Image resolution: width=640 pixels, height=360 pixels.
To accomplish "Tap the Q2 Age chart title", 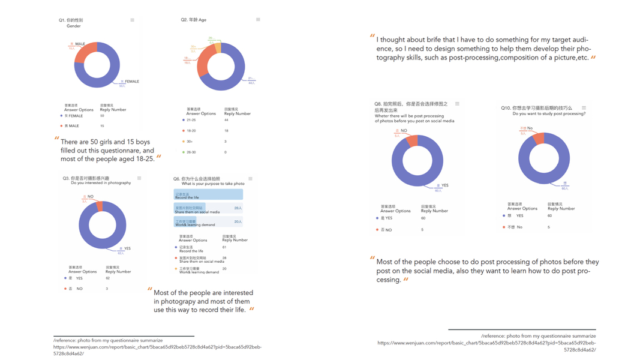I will click(194, 20).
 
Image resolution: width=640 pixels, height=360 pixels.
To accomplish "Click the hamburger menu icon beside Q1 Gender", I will click(133, 20).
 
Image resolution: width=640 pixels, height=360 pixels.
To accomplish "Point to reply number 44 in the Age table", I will click(226, 120).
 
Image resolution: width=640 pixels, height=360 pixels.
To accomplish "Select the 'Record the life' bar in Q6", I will click(208, 194).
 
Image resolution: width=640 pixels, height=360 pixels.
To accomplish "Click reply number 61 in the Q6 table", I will click(224, 247).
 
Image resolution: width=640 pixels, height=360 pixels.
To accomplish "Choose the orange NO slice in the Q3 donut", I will click(99, 206).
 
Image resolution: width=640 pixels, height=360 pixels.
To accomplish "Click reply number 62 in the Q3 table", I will click(108, 278).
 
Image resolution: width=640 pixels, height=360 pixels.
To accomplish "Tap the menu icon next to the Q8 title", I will click(457, 104).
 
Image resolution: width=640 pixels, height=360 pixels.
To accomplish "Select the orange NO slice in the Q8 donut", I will click(411, 142).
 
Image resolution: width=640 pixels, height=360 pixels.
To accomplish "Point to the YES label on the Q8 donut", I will click(444, 185).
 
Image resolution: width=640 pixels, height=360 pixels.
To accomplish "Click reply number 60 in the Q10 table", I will click(549, 216).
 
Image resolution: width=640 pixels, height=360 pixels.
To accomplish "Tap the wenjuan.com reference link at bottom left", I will click(157, 347).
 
